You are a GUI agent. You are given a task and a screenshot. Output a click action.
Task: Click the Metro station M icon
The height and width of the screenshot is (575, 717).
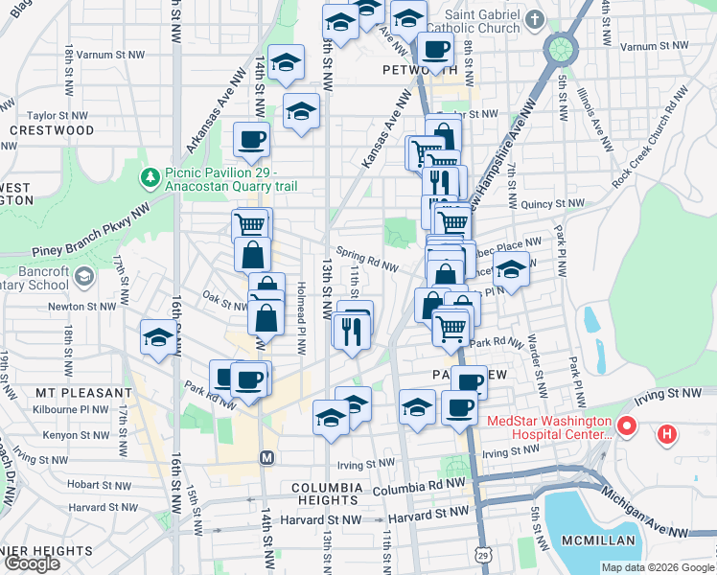pos(266,458)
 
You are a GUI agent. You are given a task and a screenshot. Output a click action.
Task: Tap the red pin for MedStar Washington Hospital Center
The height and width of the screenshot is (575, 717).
pos(627,425)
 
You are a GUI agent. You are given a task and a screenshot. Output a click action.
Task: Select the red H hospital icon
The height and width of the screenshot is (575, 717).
pos(668,436)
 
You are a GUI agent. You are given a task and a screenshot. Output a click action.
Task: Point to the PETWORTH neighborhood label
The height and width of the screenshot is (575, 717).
pos(419,70)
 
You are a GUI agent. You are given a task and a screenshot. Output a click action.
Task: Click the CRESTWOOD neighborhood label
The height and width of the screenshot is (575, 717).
pos(52,129)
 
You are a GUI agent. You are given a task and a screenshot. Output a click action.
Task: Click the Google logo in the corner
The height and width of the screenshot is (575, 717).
pos(31,563)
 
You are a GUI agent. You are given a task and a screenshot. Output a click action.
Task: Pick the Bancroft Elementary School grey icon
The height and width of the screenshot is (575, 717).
pos(84,277)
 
